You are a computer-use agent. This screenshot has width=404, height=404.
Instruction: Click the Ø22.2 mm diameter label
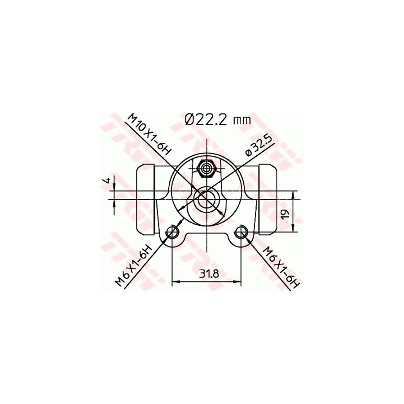coord(218,119)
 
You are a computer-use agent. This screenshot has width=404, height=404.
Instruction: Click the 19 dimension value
coord(285,215)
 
